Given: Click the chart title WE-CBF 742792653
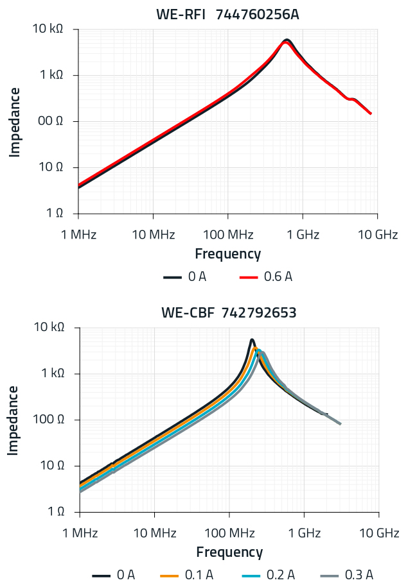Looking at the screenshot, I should (228, 313).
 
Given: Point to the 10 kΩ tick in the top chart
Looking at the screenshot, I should (49, 29).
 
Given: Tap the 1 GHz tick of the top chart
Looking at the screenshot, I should (303, 234).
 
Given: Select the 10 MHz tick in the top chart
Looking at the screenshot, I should (153, 234).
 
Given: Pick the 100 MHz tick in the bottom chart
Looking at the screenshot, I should (229, 533).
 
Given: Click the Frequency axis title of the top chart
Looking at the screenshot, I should (227, 254).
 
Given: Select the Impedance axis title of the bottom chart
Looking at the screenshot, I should (13, 420).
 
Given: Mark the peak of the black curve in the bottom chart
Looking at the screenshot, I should (252, 340).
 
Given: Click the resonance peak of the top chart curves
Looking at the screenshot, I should (287, 41).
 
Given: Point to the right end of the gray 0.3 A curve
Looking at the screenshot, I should (340, 423).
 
